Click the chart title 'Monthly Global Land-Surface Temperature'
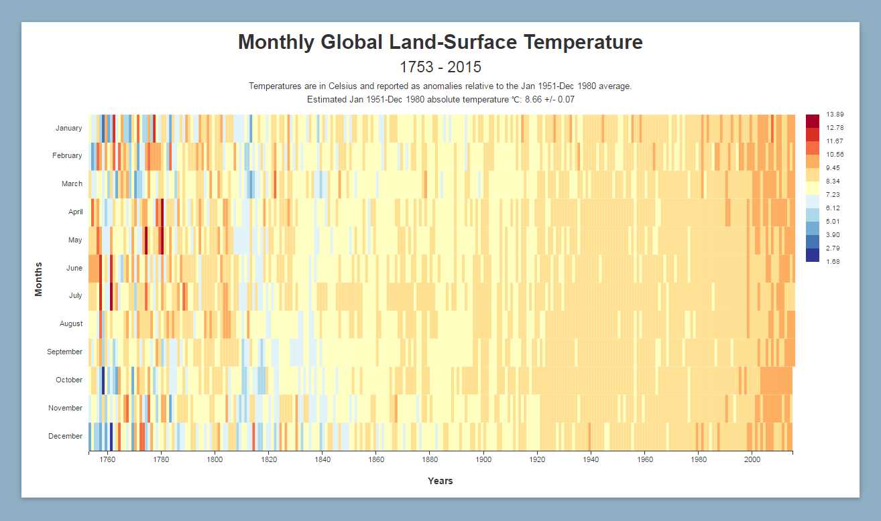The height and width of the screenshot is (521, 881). [440, 42]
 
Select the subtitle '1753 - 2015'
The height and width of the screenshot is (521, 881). [440, 67]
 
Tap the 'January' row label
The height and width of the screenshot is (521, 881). [69, 128]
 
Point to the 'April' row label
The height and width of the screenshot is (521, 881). [76, 212]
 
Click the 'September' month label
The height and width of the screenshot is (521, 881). [64, 352]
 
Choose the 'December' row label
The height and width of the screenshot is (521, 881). [65, 436]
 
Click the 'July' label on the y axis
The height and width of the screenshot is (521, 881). [76, 295]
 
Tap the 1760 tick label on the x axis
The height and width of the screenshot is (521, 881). [107, 459]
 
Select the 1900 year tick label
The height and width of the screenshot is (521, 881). [483, 459]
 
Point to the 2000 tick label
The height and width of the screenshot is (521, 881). [752, 459]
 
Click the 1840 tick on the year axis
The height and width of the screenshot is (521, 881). [322, 459]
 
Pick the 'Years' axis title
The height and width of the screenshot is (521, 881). [440, 481]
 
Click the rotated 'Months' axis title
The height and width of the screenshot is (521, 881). [38, 279]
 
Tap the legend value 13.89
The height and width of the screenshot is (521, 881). [835, 115]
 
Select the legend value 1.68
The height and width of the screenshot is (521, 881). [833, 262]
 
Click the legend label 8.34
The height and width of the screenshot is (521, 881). [833, 181]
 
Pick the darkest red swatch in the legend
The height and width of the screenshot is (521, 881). [813, 121]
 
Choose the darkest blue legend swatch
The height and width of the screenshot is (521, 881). [813, 255]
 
